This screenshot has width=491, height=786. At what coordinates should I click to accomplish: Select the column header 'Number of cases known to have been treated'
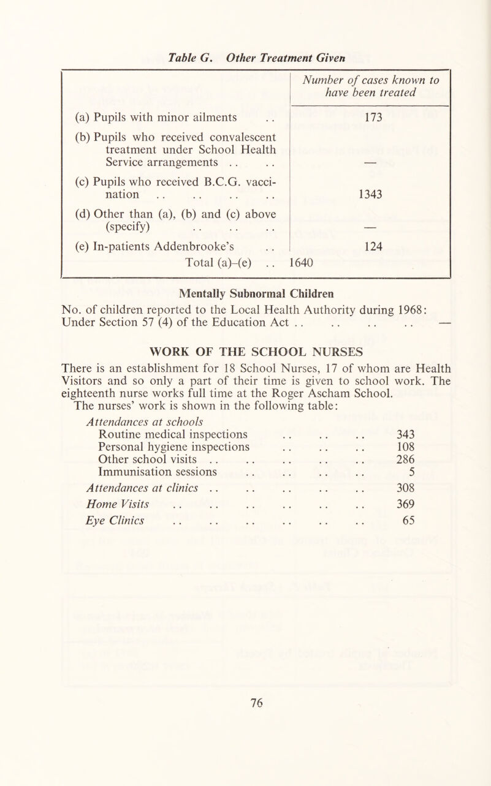369,84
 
